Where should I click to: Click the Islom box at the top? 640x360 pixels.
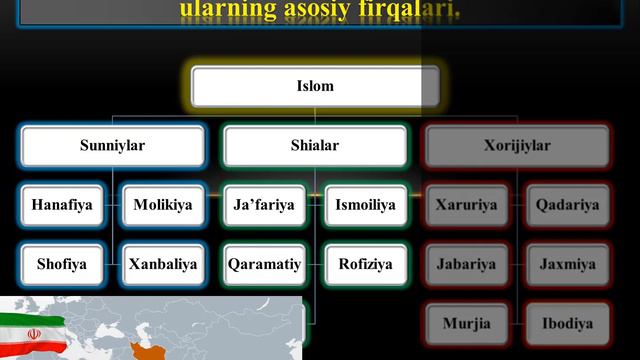click(315, 86)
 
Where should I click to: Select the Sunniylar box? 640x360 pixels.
click(113, 146)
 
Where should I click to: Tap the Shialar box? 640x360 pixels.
click(315, 146)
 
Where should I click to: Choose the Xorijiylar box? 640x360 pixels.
click(517, 146)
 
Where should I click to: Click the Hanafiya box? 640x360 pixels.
click(62, 206)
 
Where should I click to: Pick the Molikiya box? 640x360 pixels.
click(163, 206)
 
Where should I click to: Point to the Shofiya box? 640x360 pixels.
click(62, 265)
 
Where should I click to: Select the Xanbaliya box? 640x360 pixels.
click(163, 265)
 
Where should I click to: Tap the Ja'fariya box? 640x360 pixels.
click(264, 206)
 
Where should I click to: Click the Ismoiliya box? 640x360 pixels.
click(366, 206)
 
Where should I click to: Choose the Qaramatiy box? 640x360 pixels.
click(264, 265)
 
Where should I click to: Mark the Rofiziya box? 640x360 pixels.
click(366, 265)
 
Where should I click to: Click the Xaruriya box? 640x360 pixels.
click(467, 206)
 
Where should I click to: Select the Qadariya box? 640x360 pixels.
click(568, 206)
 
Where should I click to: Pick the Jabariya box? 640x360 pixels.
click(467, 265)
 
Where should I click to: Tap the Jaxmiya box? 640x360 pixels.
click(568, 265)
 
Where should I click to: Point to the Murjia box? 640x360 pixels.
click(467, 324)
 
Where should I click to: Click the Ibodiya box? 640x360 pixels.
click(568, 324)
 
